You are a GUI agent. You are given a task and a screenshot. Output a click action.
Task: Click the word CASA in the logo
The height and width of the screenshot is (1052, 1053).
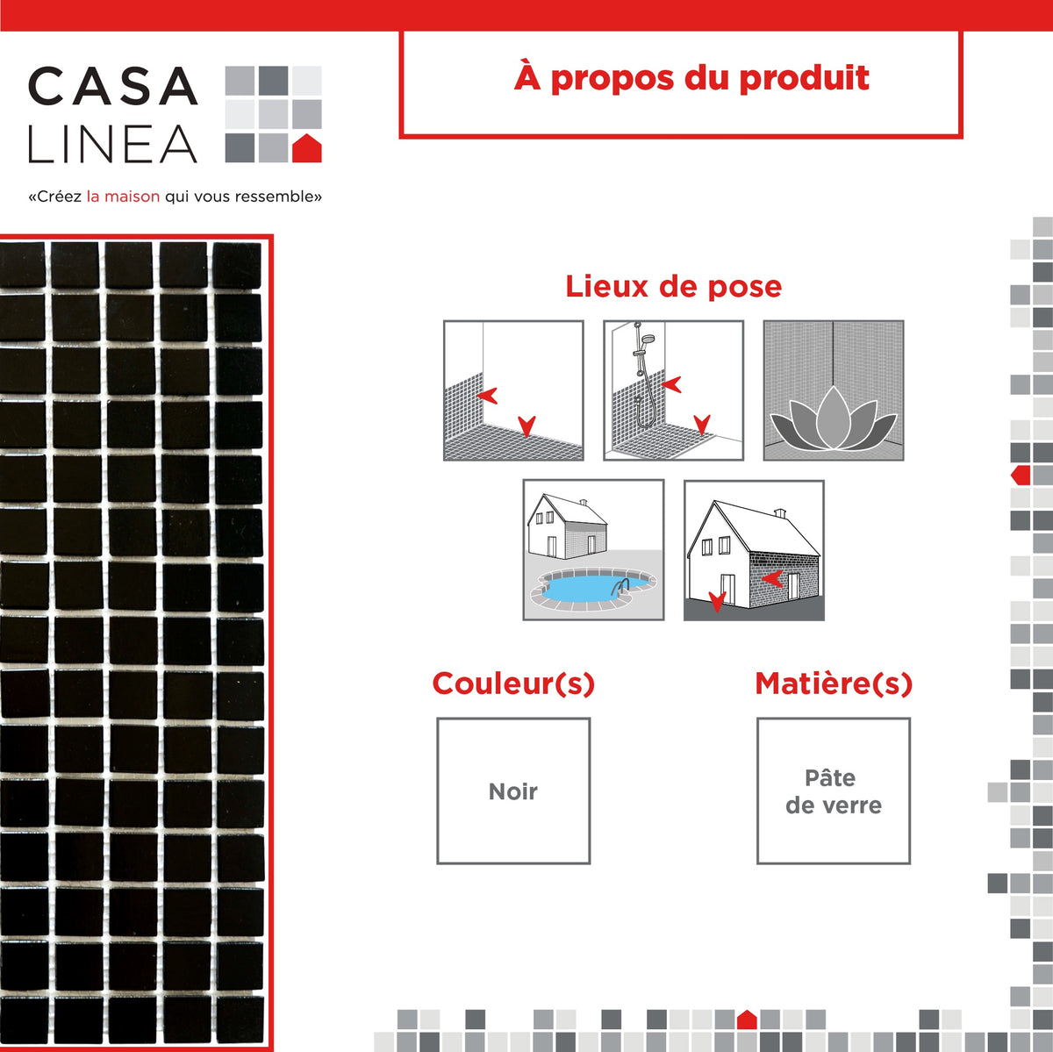[x=112, y=86]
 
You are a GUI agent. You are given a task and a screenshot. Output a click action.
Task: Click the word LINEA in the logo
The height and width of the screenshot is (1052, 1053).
[x=112, y=145]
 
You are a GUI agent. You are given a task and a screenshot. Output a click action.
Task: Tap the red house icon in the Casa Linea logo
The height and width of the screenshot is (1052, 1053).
[x=306, y=148]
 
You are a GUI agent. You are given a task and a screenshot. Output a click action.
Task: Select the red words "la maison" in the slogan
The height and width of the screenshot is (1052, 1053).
[x=123, y=197]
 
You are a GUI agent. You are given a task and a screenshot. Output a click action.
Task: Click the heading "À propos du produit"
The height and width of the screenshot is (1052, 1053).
[x=691, y=78]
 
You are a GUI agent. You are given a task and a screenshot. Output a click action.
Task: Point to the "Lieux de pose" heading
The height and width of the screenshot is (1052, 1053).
[x=673, y=286]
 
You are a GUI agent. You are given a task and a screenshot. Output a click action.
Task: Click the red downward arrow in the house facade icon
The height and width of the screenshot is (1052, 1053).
[x=717, y=602]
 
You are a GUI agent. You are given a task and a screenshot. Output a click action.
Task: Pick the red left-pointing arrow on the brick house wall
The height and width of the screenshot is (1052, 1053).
[x=772, y=578]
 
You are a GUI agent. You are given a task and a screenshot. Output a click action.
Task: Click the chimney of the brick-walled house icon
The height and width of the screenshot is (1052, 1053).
[x=780, y=512]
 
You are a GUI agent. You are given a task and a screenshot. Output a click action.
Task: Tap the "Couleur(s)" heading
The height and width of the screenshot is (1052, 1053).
[x=513, y=683]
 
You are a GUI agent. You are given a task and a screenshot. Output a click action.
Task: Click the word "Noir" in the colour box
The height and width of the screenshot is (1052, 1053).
[x=513, y=791]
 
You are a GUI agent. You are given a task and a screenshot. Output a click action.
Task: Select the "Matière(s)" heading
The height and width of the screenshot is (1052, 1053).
[x=834, y=683]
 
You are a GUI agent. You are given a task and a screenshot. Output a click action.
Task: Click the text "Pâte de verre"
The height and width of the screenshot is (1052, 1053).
[x=833, y=791]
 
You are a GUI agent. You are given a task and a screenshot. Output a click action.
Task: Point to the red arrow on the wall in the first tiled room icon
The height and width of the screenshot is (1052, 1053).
[x=487, y=395]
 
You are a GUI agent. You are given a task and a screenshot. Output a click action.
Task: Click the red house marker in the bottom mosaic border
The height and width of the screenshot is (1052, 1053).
[x=747, y=1020]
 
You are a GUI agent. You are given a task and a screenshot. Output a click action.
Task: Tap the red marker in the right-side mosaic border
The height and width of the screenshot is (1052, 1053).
[x=1021, y=476]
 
